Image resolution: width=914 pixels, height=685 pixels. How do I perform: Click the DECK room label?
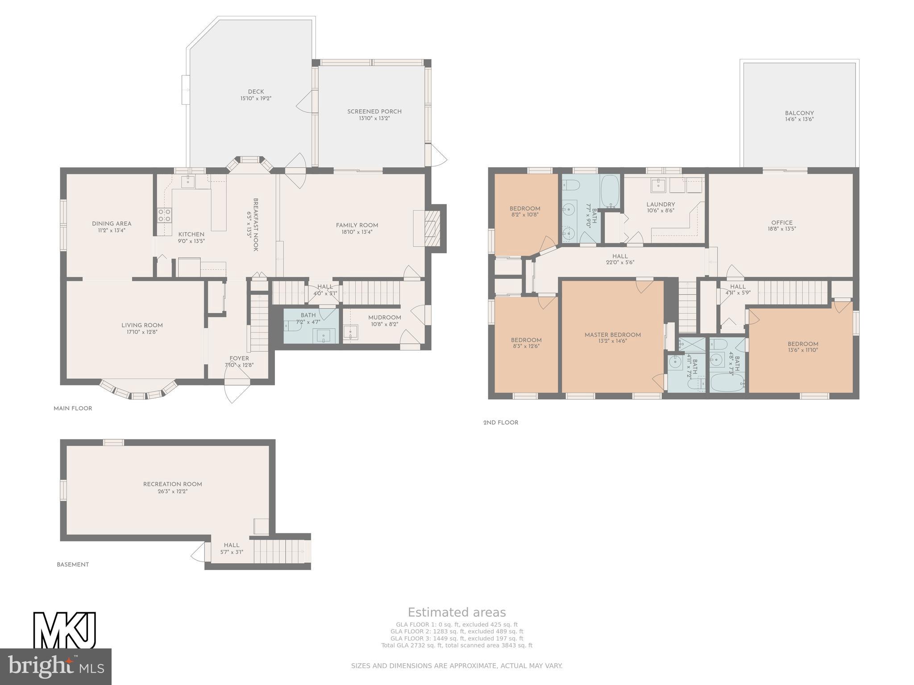tap(256, 92)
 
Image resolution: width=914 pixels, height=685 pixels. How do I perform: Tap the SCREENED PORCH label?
tap(374, 111)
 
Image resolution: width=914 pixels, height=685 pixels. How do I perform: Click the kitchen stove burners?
tap(164, 215)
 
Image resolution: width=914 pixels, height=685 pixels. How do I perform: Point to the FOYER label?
tap(239, 359)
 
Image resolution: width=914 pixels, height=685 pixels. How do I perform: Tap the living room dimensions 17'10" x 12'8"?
tap(142, 332)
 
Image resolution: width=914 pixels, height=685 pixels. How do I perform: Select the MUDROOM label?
tap(385, 318)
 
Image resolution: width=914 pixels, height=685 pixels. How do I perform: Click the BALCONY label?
tap(799, 113)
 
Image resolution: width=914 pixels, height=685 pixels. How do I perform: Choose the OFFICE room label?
tap(782, 223)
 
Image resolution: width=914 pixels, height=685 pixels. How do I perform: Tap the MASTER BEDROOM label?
tap(613, 335)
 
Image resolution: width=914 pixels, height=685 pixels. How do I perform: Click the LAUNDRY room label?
tap(661, 205)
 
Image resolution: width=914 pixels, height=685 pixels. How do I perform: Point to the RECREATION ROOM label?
tap(173, 484)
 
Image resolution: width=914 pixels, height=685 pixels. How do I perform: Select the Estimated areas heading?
tap(457, 612)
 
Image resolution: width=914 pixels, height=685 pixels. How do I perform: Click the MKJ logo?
tap(65, 631)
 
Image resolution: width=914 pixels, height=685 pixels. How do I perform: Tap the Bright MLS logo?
tap(56, 666)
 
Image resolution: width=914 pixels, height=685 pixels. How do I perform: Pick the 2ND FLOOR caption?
tap(501, 422)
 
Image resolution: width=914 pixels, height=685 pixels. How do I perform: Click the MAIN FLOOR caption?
tap(73, 409)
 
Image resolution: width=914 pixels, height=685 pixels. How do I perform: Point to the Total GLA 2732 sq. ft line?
tap(457, 645)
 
